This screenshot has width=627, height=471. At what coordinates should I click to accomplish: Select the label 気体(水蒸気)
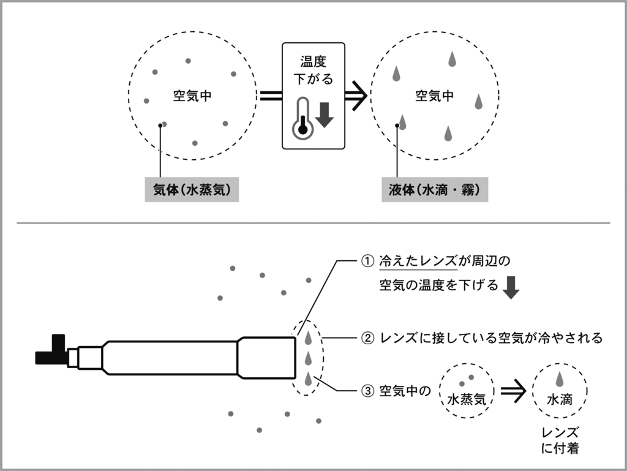(x=191, y=190)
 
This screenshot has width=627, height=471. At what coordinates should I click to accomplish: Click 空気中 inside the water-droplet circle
(x=435, y=96)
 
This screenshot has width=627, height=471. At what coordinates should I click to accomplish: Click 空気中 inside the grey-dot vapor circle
(x=192, y=96)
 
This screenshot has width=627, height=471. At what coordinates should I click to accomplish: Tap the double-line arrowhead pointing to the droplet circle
(x=357, y=96)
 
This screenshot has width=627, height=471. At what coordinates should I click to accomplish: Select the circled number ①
(x=367, y=262)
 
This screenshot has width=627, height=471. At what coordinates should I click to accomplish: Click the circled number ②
(x=367, y=338)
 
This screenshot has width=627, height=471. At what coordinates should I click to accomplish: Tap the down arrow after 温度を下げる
(x=510, y=287)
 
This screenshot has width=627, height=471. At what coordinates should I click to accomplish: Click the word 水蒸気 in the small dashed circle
(x=467, y=399)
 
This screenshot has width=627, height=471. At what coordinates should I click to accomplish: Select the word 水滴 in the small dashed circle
(x=559, y=399)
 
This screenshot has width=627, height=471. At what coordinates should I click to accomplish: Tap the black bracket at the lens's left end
(x=53, y=352)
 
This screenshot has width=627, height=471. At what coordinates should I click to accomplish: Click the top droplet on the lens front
(x=308, y=337)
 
